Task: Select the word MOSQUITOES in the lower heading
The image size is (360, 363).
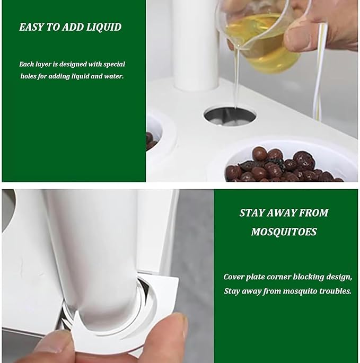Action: (x=284, y=232)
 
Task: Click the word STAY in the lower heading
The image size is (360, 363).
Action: (x=252, y=213)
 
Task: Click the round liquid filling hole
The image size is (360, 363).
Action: (x=230, y=116)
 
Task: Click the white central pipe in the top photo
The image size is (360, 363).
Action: (x=196, y=44)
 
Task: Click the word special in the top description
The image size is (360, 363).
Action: (x=114, y=65)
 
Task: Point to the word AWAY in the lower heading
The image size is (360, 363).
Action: (x=281, y=213)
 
